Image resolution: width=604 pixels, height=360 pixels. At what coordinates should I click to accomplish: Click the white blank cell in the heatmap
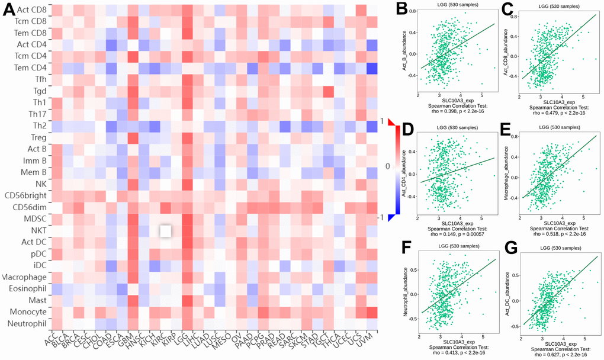point(166,230)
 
